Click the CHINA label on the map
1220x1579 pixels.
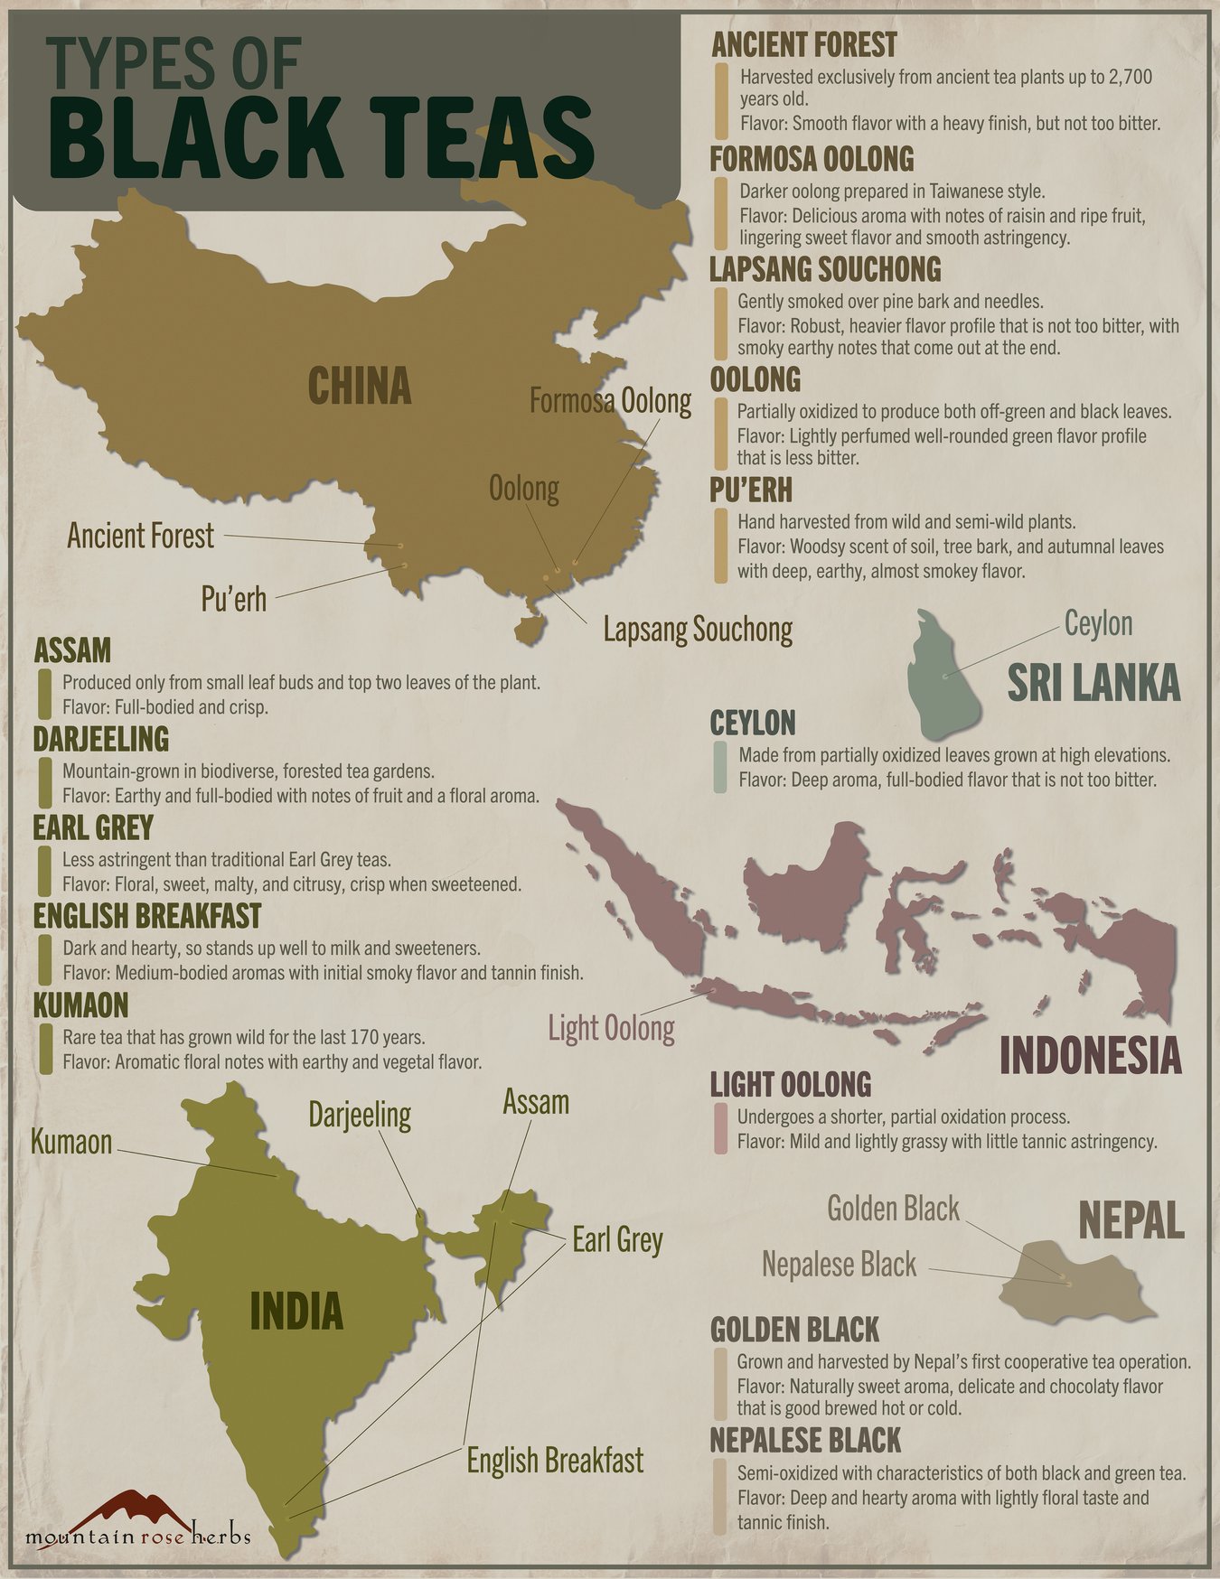pos(360,386)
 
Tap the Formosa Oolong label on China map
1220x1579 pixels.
pos(610,400)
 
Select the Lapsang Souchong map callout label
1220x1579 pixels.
pos(698,630)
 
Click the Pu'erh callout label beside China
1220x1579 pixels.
pos(234,598)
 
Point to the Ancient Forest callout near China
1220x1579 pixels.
pos(141,536)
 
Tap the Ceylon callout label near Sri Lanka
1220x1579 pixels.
pos(1098,623)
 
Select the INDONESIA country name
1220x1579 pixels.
pos(1090,1055)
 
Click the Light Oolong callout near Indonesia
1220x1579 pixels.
pos(611,1028)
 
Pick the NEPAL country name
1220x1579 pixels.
pos(1131,1221)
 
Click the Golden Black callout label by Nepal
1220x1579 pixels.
pos(893,1209)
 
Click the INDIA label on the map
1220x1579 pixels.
pos(296,1311)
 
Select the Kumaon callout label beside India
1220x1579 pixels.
pos(71,1142)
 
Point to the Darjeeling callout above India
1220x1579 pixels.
pos(360,1114)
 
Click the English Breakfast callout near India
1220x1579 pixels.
pos(555,1460)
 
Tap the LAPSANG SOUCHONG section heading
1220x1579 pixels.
pos(825,269)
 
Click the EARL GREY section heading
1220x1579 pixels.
pos(93,827)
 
